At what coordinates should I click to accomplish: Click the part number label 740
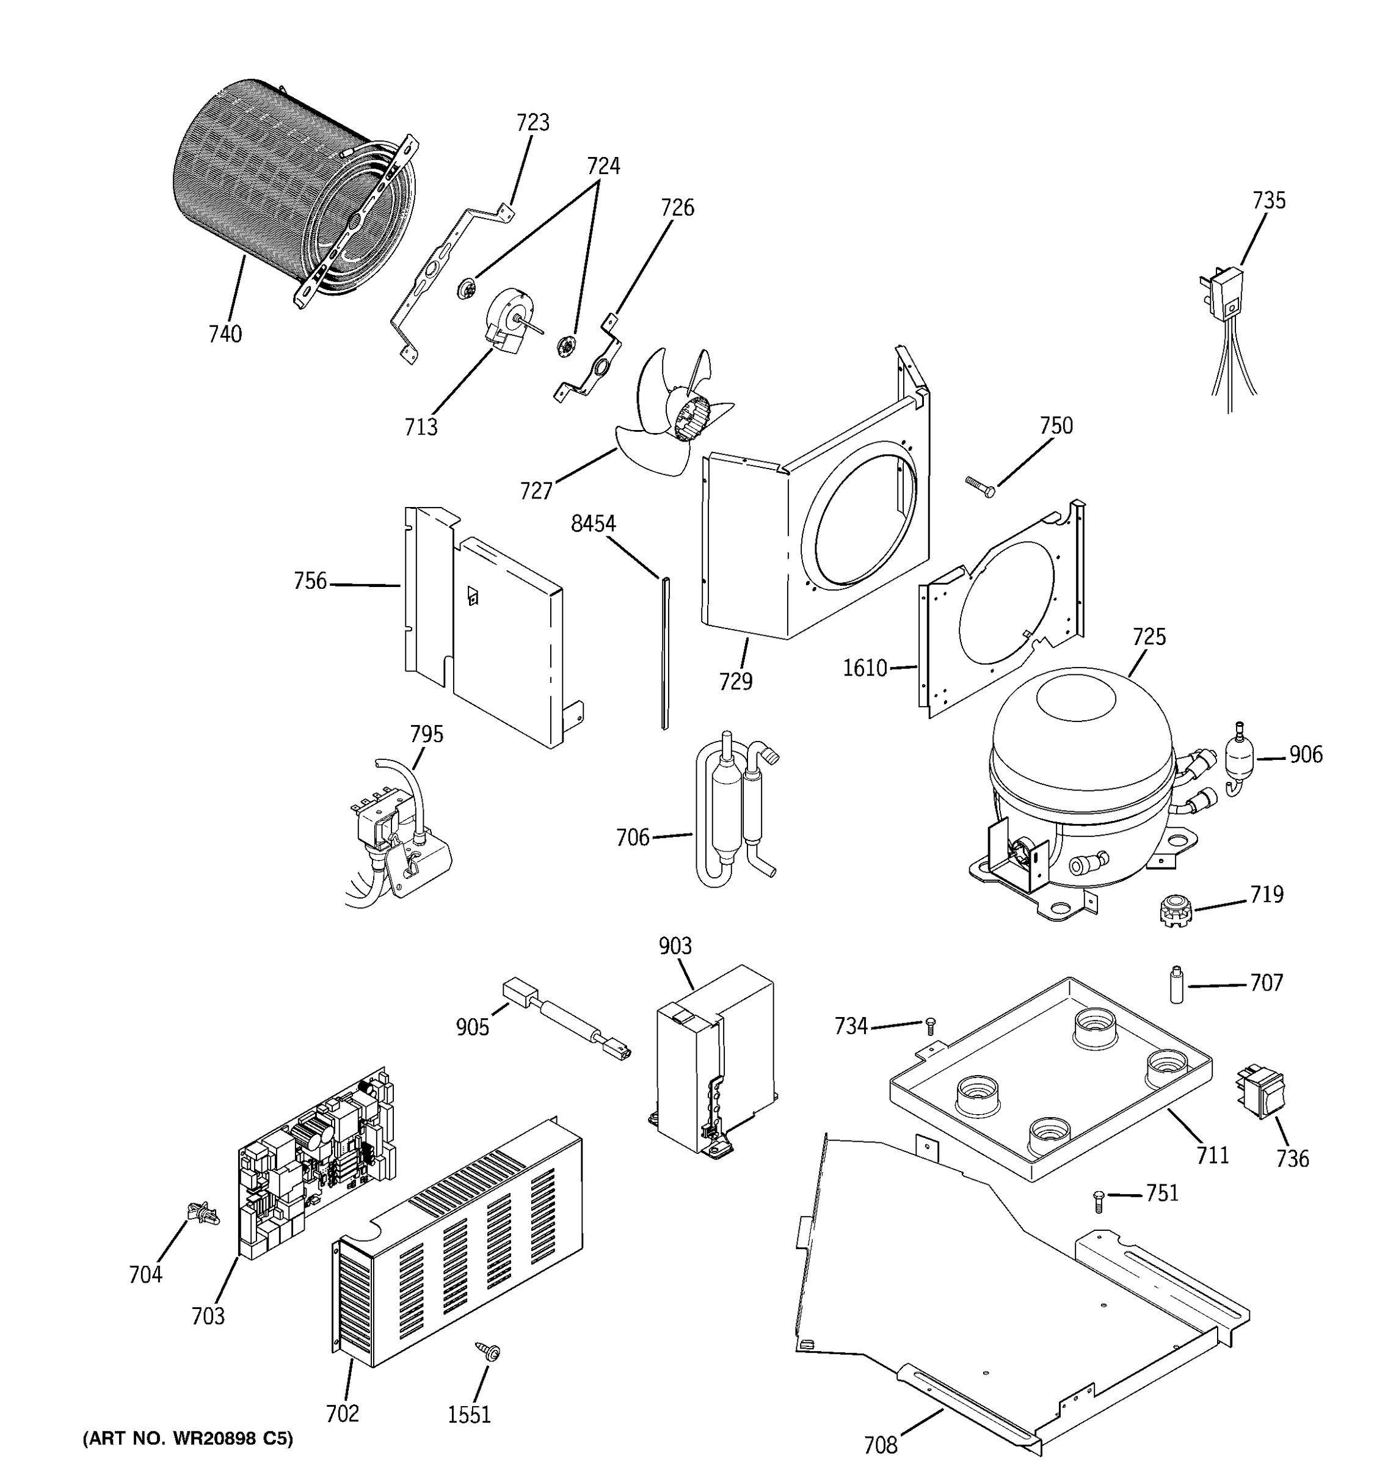[x=225, y=334]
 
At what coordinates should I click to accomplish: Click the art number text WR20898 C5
[x=188, y=1438]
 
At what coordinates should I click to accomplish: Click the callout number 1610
[x=865, y=668]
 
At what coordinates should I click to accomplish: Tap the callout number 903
[x=675, y=946]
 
